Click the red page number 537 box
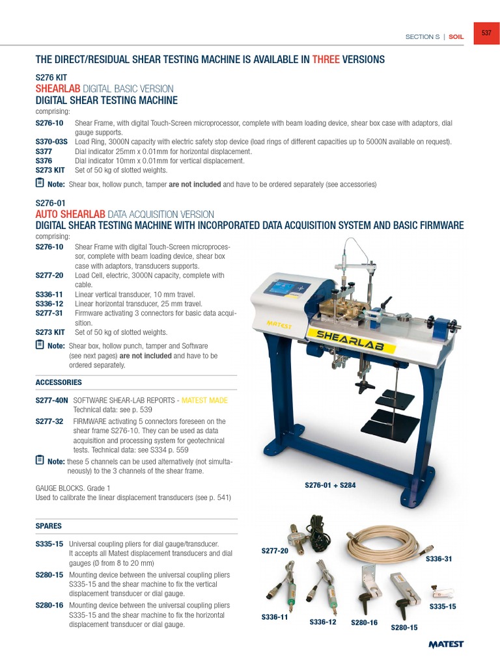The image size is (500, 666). [486, 33]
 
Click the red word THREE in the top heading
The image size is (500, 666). [326, 60]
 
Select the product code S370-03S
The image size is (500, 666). [51, 142]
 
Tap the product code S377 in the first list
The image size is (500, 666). [44, 152]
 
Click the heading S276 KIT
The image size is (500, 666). [51, 77]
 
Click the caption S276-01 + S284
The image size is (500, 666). [330, 485]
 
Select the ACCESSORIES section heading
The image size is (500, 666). [59, 382]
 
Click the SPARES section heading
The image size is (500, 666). [49, 525]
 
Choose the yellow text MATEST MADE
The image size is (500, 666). [204, 401]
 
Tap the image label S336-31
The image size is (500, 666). [438, 559]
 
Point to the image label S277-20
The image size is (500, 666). [275, 551]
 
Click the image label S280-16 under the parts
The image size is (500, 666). [365, 622]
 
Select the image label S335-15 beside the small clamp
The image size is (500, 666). [443, 606]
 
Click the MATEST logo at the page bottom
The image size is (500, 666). [446, 644]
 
